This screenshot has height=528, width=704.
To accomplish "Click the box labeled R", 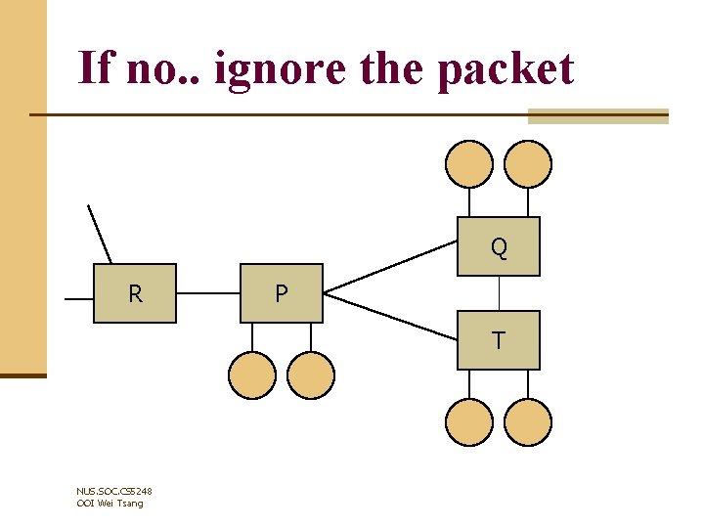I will point(135,293).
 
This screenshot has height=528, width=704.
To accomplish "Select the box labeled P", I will point(282,293).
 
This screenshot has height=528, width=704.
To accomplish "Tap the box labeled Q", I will point(499,246).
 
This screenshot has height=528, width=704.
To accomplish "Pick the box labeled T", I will point(499,340).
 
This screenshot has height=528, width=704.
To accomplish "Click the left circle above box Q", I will point(469,164).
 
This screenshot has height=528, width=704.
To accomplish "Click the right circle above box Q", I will point(528,164).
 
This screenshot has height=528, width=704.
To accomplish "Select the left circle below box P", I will point(252,375).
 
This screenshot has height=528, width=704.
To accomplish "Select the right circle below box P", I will point(311,375).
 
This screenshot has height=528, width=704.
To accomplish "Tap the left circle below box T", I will point(469,422).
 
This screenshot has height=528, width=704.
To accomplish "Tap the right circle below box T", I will point(528,422).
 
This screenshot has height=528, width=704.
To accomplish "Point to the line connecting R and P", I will point(208,292).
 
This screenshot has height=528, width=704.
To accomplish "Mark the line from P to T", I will point(391,315).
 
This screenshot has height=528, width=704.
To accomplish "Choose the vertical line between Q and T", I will point(500,293).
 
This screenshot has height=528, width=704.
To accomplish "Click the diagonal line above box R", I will point(100,235).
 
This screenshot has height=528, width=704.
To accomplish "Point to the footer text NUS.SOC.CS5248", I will point(113,491).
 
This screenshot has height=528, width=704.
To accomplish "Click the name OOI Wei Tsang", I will point(110,503).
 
